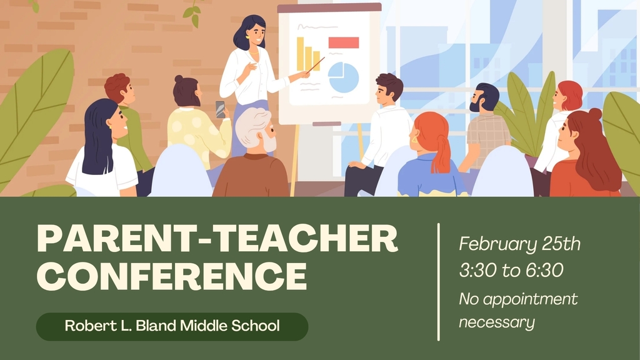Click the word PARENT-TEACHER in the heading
point(217,239)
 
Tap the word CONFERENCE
point(171,276)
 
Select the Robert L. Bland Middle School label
point(172,326)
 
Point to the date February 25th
point(519,244)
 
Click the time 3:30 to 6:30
point(511,271)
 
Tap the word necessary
point(497,322)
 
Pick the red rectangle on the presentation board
point(343,42)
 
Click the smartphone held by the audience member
point(220,109)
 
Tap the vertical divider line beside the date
point(438,281)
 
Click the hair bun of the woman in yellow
point(179,79)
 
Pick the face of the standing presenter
point(255,32)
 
